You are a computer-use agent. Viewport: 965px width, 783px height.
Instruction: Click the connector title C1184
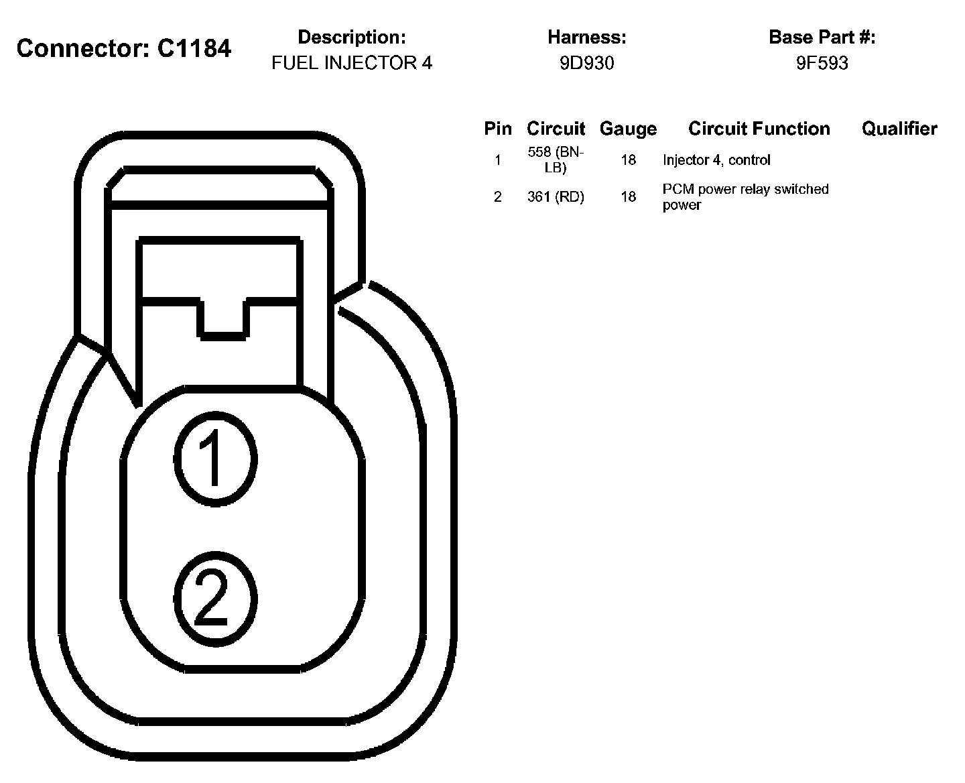124,48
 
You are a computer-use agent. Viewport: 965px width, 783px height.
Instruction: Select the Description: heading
352,38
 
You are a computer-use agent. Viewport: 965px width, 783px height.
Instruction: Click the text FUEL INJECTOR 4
352,63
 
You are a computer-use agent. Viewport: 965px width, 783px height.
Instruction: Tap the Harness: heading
587,38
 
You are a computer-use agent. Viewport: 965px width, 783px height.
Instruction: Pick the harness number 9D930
587,63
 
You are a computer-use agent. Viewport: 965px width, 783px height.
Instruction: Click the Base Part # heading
822,38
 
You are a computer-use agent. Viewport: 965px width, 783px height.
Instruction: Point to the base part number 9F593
822,63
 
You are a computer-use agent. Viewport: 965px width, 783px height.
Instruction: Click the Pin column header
498,129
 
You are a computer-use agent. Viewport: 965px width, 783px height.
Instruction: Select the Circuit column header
556,129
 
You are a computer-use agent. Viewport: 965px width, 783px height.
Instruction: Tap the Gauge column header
628,129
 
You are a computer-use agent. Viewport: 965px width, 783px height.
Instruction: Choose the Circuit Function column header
759,129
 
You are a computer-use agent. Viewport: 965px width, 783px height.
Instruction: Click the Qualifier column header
899,129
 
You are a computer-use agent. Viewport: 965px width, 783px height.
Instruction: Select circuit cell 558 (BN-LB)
556,160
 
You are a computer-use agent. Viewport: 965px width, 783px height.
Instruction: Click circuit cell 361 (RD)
556,197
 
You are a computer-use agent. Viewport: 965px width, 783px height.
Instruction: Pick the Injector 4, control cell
716,160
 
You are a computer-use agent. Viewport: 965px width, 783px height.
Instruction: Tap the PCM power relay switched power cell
745,197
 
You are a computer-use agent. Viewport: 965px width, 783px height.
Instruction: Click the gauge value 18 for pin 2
628,197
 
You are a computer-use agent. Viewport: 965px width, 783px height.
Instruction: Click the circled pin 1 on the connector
215,459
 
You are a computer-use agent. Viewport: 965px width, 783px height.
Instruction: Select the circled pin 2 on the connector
215,598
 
